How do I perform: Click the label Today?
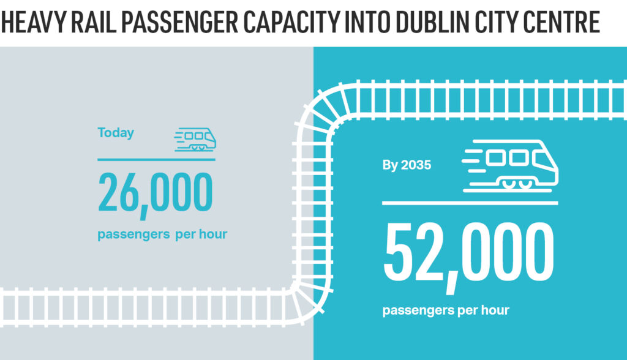[116, 133]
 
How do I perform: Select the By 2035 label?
[407, 165]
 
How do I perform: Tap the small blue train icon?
[195, 139]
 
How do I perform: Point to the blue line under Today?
[156, 159]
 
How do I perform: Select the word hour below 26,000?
[212, 234]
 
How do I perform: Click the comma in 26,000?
[145, 212]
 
